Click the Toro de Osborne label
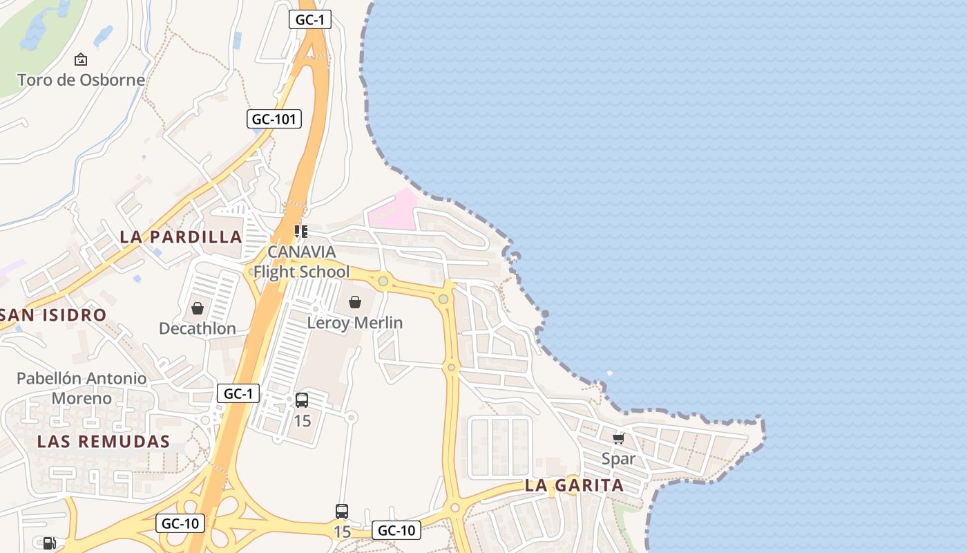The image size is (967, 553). pyautogui.click(x=81, y=79)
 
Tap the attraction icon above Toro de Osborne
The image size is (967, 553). pyautogui.click(x=81, y=59)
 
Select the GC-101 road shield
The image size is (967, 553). pyautogui.click(x=274, y=119)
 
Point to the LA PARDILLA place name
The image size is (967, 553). pyautogui.click(x=181, y=236)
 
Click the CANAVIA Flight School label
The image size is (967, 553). pyautogui.click(x=301, y=261)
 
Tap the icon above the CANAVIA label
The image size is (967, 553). pyautogui.click(x=300, y=231)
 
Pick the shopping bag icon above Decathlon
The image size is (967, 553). pyautogui.click(x=198, y=308)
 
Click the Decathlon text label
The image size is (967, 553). pyautogui.click(x=198, y=328)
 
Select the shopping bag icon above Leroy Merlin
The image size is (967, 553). pyautogui.click(x=355, y=302)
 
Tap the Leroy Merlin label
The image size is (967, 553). pyautogui.click(x=355, y=323)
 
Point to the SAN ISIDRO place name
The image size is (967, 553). pyautogui.click(x=54, y=315)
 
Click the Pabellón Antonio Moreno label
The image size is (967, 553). pyautogui.click(x=82, y=388)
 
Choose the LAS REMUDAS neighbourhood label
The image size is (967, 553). pyautogui.click(x=104, y=441)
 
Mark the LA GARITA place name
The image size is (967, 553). pyautogui.click(x=575, y=485)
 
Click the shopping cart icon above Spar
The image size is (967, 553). pyautogui.click(x=618, y=438)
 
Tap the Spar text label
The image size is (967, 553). pyautogui.click(x=618, y=458)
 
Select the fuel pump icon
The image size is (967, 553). pyautogui.click(x=48, y=543)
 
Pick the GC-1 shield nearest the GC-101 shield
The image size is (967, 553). pyautogui.click(x=309, y=20)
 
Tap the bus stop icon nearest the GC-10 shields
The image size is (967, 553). pyautogui.click(x=342, y=512)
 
